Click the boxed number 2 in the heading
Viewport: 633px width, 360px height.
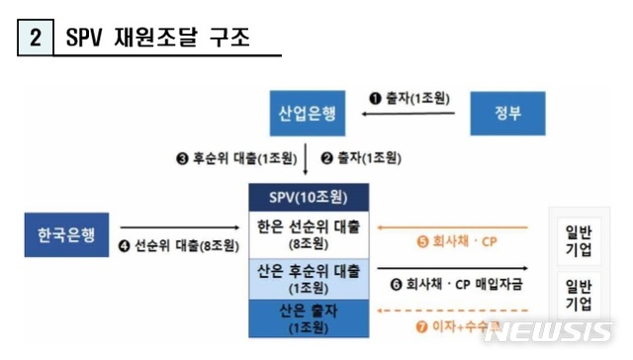(x=35, y=39)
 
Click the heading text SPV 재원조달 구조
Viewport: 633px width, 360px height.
(x=157, y=39)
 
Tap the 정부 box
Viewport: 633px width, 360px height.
(x=508, y=114)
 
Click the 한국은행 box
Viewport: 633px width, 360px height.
(x=66, y=236)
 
